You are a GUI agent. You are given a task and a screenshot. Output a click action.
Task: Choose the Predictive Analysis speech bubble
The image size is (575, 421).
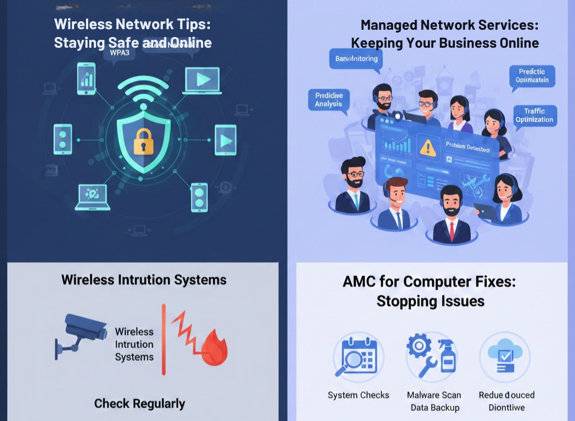point(328,100)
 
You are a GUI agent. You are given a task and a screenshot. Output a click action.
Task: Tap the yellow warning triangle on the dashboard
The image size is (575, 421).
point(428,147)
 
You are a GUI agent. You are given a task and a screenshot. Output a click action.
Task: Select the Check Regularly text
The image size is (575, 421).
point(139,403)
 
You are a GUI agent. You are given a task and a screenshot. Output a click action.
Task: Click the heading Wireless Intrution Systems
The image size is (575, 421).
point(144,280)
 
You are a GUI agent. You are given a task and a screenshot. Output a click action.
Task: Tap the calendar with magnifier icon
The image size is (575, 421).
point(358,357)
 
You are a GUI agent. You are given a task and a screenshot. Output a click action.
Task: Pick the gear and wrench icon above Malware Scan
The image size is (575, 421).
point(430,357)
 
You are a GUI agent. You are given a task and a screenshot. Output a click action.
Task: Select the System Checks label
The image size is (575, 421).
point(358,395)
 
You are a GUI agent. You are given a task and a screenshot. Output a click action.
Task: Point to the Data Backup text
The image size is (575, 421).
point(435,408)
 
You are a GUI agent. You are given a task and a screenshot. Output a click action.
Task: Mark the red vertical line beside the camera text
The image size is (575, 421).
point(164,339)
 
